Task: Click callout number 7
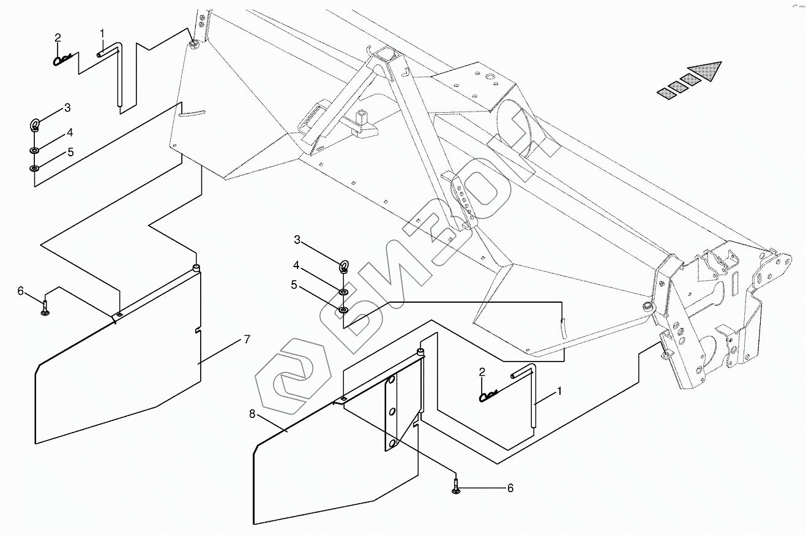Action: pos(247,339)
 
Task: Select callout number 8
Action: pos(252,414)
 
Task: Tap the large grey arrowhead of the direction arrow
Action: pos(706,70)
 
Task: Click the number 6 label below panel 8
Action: pos(510,488)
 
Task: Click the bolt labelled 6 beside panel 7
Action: pos(45,308)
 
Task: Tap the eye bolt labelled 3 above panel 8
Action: pos(344,267)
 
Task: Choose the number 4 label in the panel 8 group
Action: pos(296,265)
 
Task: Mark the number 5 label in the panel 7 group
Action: pos(70,152)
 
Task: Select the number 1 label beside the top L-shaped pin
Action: pos(102,34)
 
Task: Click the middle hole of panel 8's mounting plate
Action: pos(392,411)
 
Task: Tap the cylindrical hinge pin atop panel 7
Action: pos(196,267)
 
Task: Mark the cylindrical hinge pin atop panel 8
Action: pos(420,352)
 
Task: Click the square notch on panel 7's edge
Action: pos(198,331)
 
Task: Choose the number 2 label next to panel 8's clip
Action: pos(482,372)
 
